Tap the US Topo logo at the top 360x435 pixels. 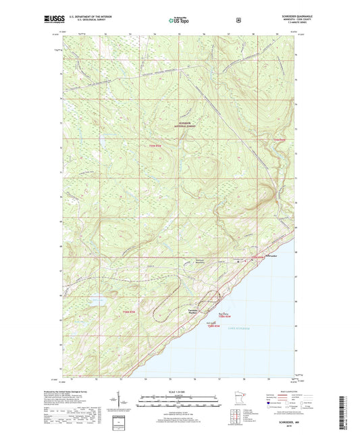click(178, 20)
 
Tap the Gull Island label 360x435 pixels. click(211, 322)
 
